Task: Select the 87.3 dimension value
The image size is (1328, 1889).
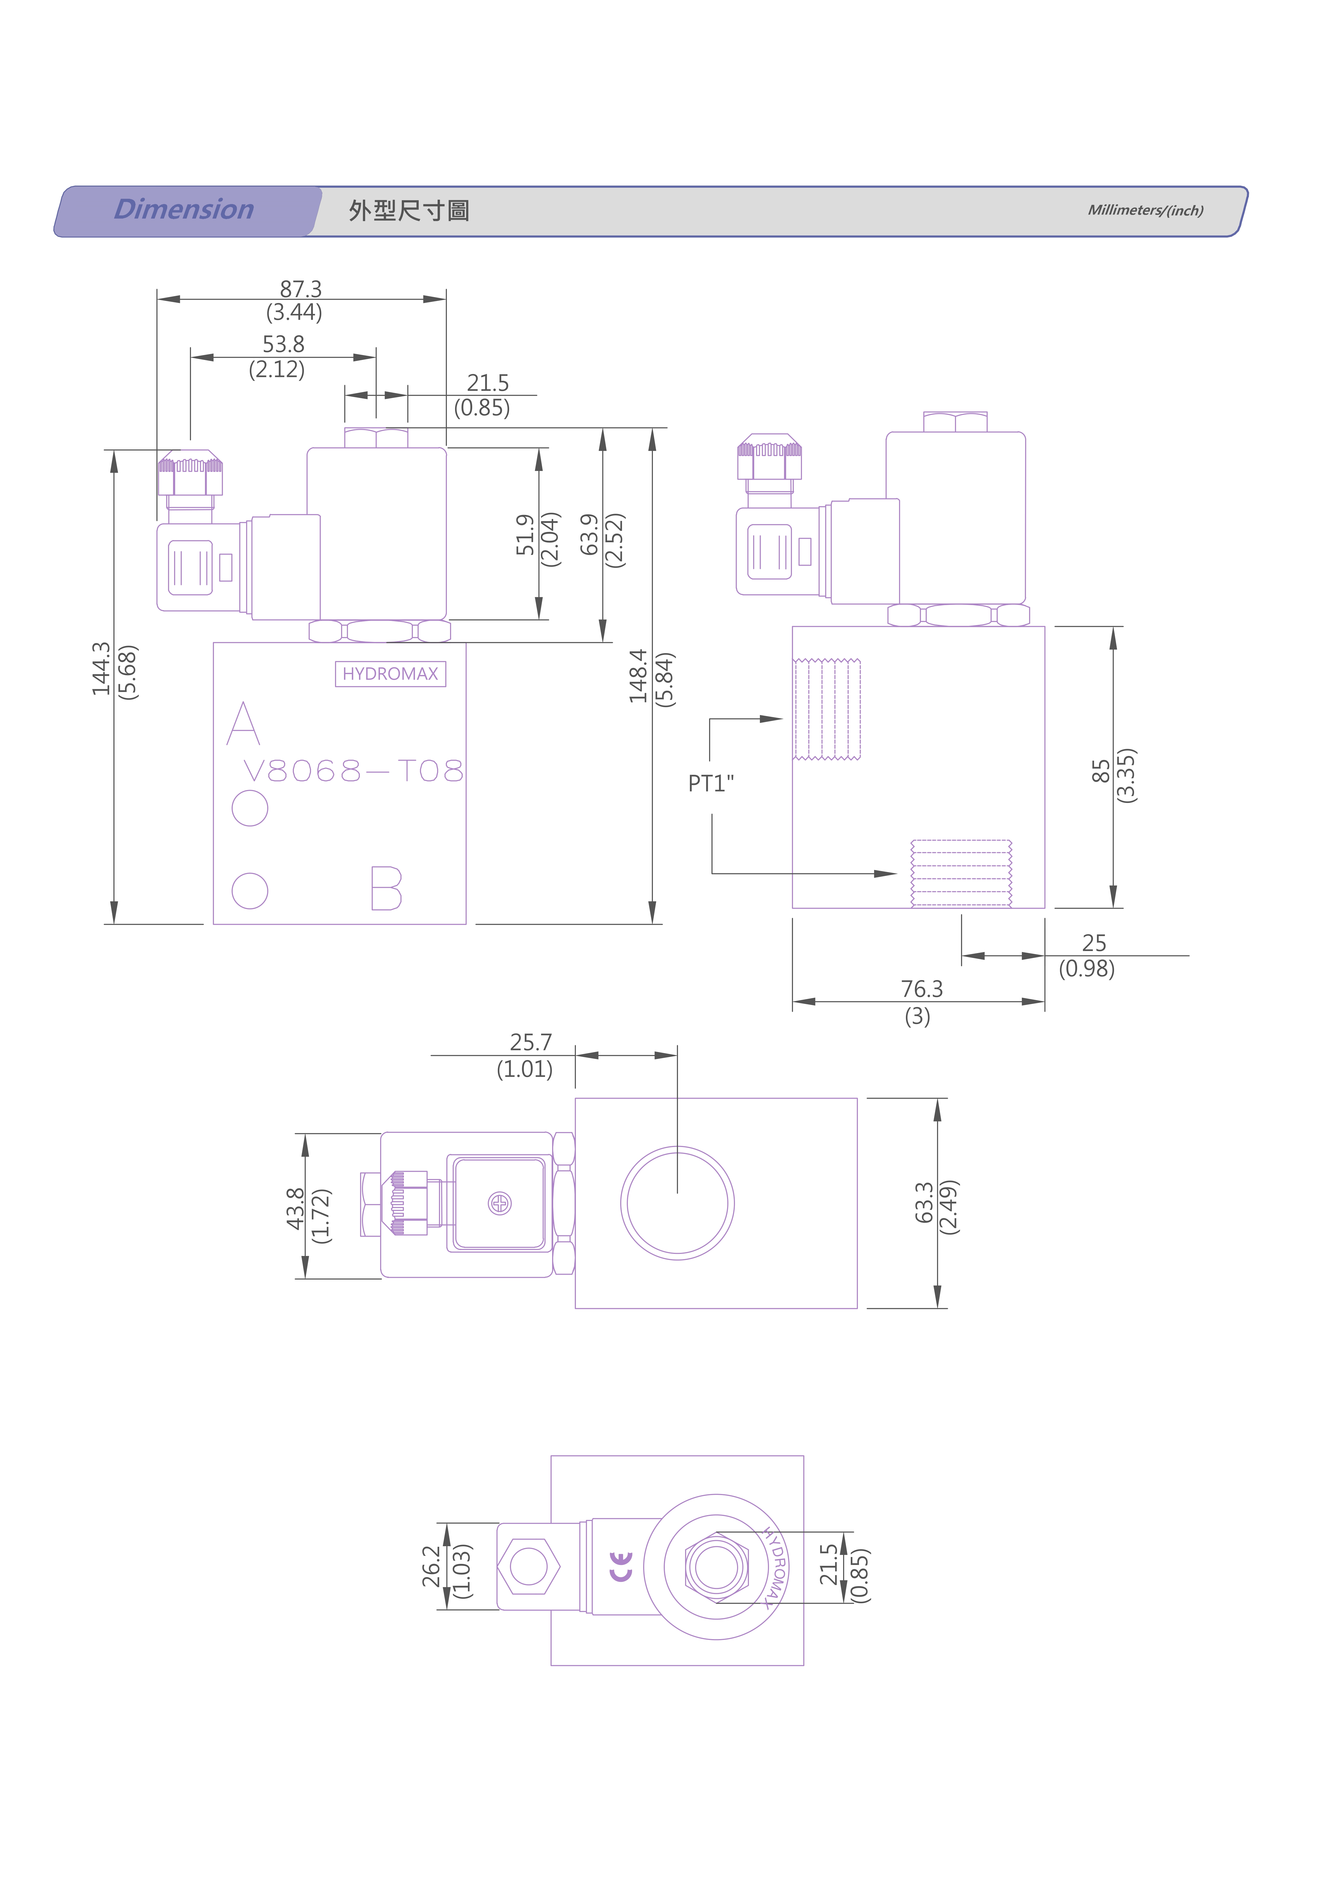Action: [300, 289]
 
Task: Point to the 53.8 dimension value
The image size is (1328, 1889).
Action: [283, 344]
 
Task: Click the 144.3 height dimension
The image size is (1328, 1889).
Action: [101, 669]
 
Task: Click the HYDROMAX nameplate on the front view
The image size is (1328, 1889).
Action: [390, 674]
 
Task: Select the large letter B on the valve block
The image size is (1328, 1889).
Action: [386, 888]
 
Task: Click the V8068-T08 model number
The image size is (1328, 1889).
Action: [353, 771]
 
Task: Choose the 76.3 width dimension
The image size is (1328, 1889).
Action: [921, 989]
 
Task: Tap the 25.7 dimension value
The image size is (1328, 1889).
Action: [531, 1043]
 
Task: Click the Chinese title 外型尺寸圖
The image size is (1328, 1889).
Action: [409, 211]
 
